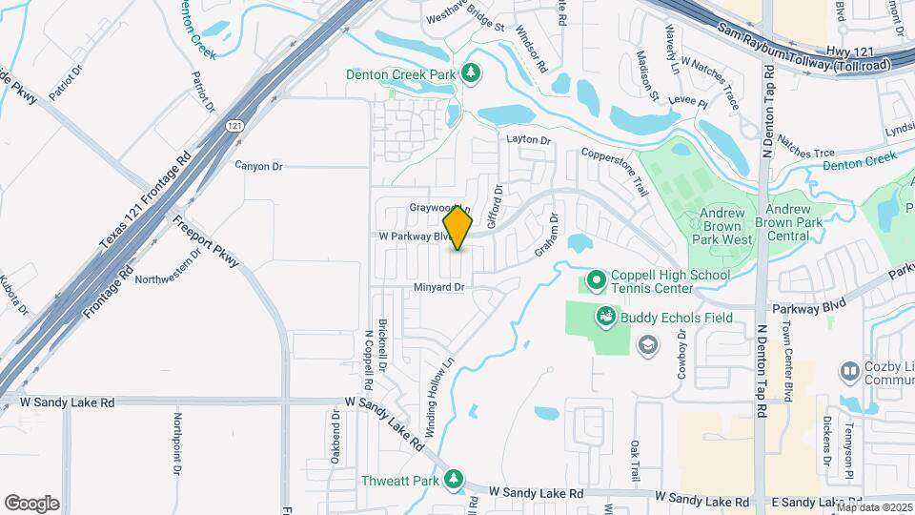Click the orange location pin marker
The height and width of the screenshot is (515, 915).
tap(458, 228)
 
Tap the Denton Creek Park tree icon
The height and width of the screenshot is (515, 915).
tap(470, 72)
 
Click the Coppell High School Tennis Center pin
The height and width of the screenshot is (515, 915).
tap(597, 280)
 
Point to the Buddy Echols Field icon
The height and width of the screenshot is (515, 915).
tap(605, 317)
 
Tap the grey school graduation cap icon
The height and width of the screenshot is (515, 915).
tap(648, 344)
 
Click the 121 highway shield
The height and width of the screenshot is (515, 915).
tap(234, 126)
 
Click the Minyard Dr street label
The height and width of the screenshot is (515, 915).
tap(438, 287)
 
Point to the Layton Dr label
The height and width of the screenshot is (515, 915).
tap(529, 140)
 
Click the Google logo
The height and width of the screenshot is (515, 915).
tap(31, 504)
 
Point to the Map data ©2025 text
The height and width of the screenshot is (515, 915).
tap(874, 508)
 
